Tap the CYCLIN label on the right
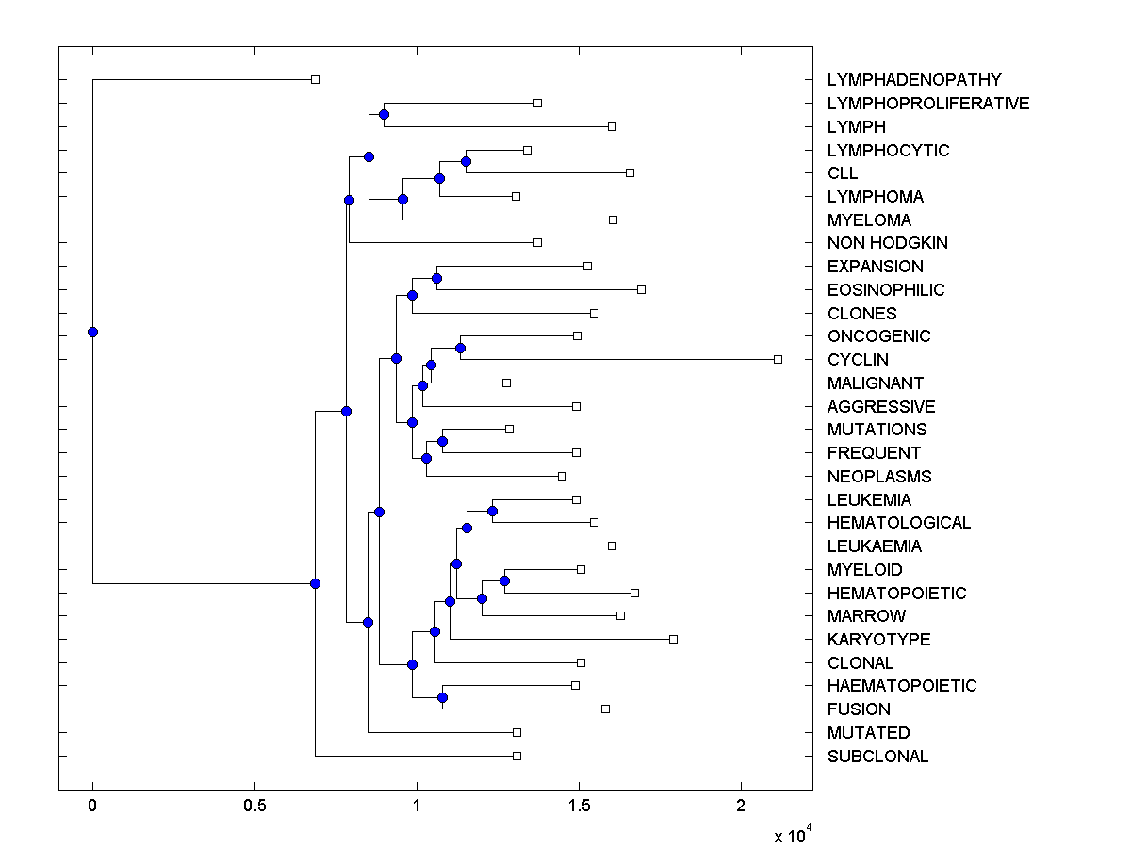(x=858, y=360)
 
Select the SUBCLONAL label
(x=877, y=757)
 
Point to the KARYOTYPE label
(x=878, y=640)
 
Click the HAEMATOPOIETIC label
(x=901, y=686)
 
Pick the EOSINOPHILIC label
(x=885, y=290)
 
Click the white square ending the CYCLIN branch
(x=778, y=359)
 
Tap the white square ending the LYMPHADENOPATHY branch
(x=316, y=79)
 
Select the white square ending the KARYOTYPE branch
(x=673, y=639)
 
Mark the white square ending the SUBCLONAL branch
(x=516, y=756)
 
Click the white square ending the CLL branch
(x=630, y=172)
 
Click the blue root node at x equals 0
(x=92, y=332)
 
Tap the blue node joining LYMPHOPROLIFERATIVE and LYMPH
(x=384, y=114)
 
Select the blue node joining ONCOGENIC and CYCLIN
(x=460, y=348)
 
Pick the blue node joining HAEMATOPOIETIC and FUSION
(x=442, y=697)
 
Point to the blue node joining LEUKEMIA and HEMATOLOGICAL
(x=492, y=511)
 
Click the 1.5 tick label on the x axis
(x=579, y=807)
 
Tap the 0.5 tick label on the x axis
(x=254, y=807)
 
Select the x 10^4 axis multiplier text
(x=785, y=835)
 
